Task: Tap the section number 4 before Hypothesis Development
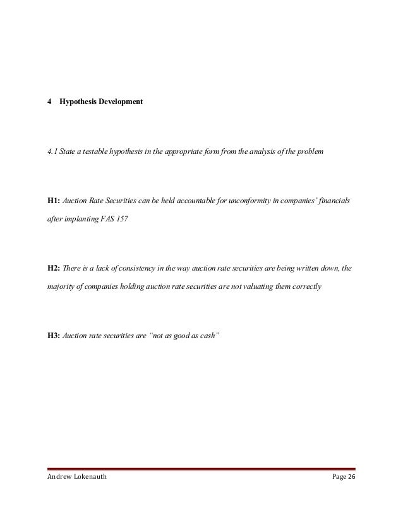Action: (x=49, y=101)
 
